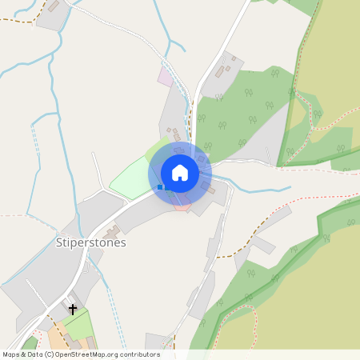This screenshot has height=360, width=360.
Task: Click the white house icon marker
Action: pyautogui.click(x=180, y=173)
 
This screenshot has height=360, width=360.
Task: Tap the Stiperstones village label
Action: pyautogui.click(x=91, y=242)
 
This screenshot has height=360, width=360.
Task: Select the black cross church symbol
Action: pyautogui.click(x=73, y=309)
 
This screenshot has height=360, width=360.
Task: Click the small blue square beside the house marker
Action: pyautogui.click(x=160, y=187)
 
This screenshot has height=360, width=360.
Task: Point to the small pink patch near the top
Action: pyautogui.click(x=165, y=77)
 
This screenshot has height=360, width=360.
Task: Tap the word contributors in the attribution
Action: pyautogui.click(x=138, y=354)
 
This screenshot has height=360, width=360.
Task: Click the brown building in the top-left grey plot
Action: pyautogui.click(x=54, y=6)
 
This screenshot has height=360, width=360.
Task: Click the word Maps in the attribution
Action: pyautogui.click(x=12, y=354)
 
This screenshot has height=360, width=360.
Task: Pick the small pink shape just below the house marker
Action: pyautogui.click(x=182, y=207)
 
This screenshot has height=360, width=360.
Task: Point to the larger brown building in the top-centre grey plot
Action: pyautogui.click(x=219, y=71)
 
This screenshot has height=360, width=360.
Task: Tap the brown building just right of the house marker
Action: pyautogui.click(x=210, y=190)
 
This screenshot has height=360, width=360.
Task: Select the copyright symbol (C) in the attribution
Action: pyautogui.click(x=50, y=354)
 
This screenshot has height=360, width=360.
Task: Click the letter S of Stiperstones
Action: pyautogui.click(x=59, y=242)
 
